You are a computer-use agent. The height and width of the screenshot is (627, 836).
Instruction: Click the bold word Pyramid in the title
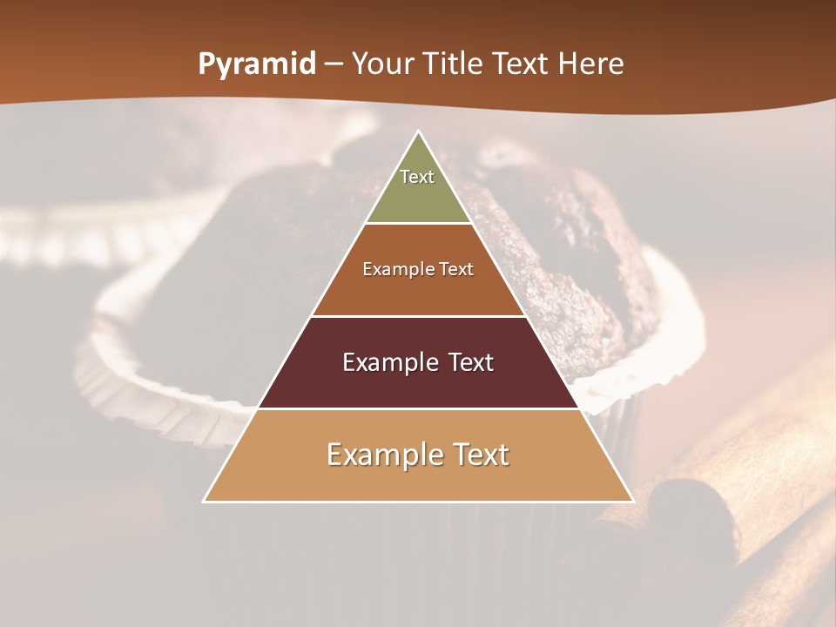257,64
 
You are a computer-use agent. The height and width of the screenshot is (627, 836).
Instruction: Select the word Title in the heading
452,64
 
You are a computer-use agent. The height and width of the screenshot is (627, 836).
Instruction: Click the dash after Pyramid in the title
334,64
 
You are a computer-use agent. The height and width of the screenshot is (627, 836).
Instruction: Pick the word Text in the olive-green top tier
417,177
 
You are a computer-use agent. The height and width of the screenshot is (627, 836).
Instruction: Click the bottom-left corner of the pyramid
204,502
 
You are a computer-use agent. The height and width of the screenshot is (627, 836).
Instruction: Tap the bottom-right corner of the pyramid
633,502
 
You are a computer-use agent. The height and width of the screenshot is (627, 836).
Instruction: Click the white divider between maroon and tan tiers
419,408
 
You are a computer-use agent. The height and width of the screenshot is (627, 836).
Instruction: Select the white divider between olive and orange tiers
419,224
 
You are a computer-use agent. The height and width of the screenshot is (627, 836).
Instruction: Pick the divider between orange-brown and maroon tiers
419,316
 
